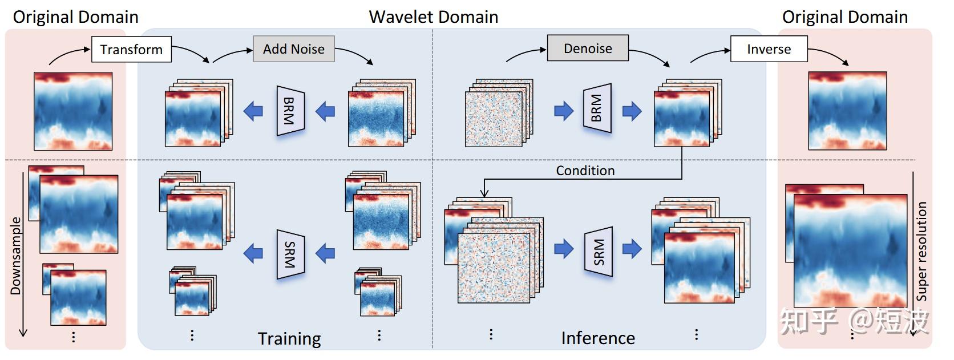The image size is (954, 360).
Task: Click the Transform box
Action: click(x=131, y=50)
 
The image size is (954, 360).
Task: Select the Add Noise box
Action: click(x=293, y=49)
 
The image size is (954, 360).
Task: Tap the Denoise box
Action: click(x=588, y=48)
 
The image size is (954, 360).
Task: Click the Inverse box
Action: click(x=769, y=49)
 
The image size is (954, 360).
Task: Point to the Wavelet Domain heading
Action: click(x=433, y=17)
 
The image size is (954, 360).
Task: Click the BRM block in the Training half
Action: click(x=290, y=111)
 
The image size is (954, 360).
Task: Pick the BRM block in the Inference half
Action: click(x=597, y=108)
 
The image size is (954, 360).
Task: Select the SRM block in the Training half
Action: click(x=290, y=254)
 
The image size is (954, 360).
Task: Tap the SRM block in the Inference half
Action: click(x=599, y=252)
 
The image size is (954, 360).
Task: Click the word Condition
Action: click(x=585, y=171)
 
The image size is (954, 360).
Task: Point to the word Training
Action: click(x=289, y=338)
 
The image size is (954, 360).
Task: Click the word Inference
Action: click(x=597, y=338)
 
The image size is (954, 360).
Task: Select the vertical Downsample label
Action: click(x=15, y=256)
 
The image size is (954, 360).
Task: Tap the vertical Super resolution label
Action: click(x=921, y=251)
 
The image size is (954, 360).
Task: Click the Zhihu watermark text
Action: click(x=854, y=321)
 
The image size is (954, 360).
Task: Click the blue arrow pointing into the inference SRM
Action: click(x=564, y=249)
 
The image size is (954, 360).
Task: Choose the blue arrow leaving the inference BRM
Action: click(x=632, y=111)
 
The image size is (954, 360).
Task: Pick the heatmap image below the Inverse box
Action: click(x=847, y=111)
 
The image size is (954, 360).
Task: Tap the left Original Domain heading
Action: click(x=75, y=17)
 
